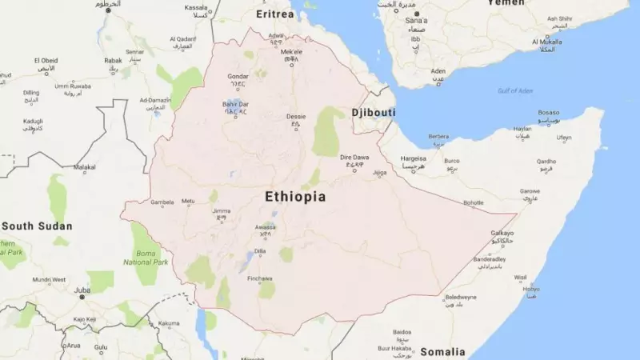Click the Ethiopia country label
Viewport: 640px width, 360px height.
click(x=294, y=197)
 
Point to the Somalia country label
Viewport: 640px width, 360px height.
click(x=442, y=351)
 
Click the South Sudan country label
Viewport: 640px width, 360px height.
click(x=37, y=226)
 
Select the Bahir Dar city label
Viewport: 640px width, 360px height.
click(x=235, y=104)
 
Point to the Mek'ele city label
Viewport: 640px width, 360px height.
click(x=291, y=49)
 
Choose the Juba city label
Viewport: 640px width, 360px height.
click(x=82, y=290)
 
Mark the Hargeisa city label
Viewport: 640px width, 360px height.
click(x=414, y=158)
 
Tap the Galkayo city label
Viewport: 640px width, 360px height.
click(x=502, y=233)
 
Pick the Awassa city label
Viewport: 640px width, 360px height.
click(x=266, y=226)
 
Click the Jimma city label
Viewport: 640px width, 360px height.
click(x=221, y=211)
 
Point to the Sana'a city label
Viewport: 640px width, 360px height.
click(x=410, y=19)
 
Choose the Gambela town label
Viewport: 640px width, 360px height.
click(x=162, y=202)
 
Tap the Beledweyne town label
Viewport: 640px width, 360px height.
click(x=460, y=297)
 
